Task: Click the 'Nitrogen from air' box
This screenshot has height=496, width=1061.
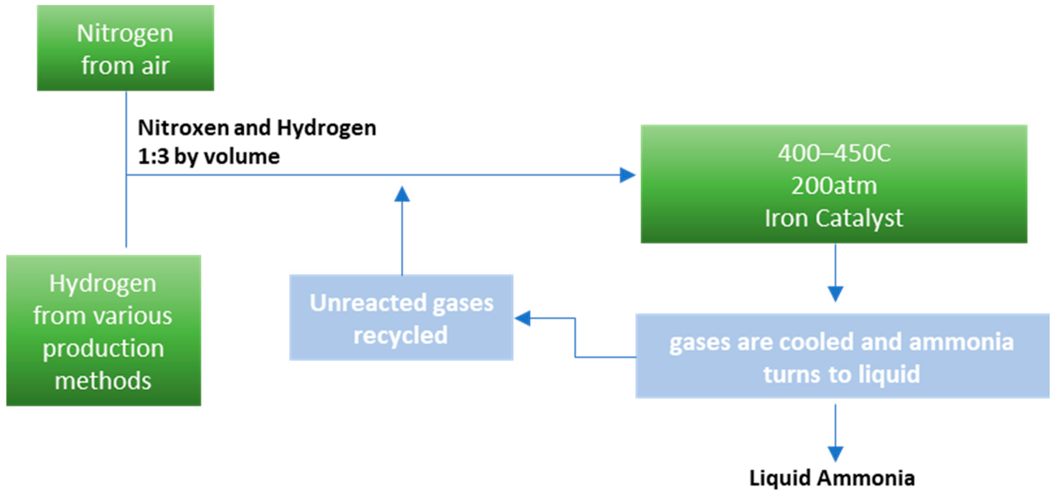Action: (x=125, y=48)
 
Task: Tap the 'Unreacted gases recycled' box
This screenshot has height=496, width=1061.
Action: (x=401, y=318)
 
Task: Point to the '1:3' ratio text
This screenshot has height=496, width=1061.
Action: (x=153, y=157)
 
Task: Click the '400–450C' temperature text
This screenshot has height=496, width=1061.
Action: (x=834, y=153)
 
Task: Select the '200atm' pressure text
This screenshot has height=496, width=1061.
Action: (x=834, y=186)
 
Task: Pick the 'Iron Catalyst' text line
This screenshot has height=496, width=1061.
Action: (x=834, y=218)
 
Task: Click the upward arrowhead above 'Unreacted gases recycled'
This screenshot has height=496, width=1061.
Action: (x=402, y=194)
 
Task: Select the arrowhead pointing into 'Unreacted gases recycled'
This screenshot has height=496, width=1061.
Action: (x=523, y=318)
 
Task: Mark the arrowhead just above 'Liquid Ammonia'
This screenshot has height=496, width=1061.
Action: (x=835, y=454)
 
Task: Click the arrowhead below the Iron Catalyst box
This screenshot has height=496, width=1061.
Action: (x=835, y=293)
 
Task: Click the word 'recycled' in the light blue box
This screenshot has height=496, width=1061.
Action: (x=400, y=335)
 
